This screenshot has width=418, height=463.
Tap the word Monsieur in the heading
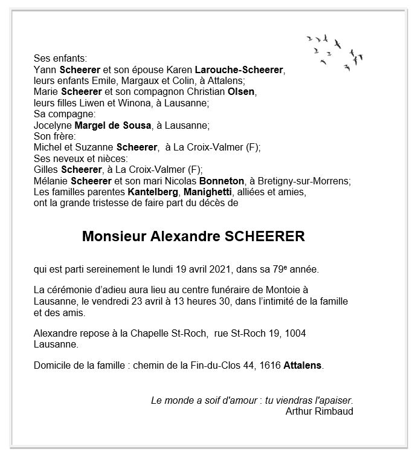pyautogui.click(x=112, y=236)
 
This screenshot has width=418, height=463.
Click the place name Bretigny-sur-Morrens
pyautogui.click(x=303, y=181)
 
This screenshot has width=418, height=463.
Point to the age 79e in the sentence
pyautogui.click(x=291, y=269)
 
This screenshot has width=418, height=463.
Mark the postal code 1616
pyautogui.click(x=269, y=366)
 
